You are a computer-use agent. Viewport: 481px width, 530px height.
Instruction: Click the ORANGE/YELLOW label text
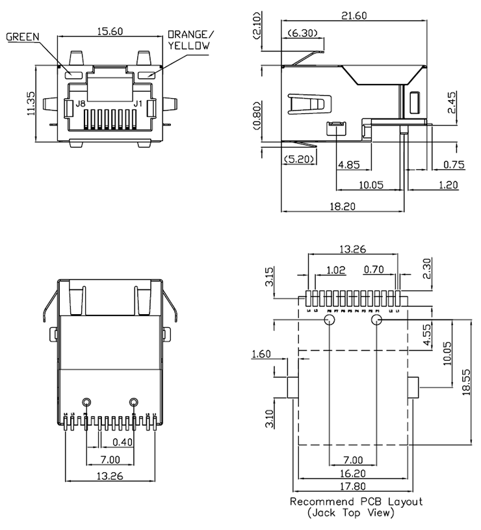pos(189,40)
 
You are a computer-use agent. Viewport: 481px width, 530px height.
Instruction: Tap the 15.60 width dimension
pos(110,30)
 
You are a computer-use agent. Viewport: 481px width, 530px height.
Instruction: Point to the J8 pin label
pos(80,103)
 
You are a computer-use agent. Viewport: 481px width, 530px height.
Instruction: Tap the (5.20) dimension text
pos(298,158)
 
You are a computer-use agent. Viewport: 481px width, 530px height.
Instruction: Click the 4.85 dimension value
pos(348,165)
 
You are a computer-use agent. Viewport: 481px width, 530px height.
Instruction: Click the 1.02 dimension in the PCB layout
pos(336,269)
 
